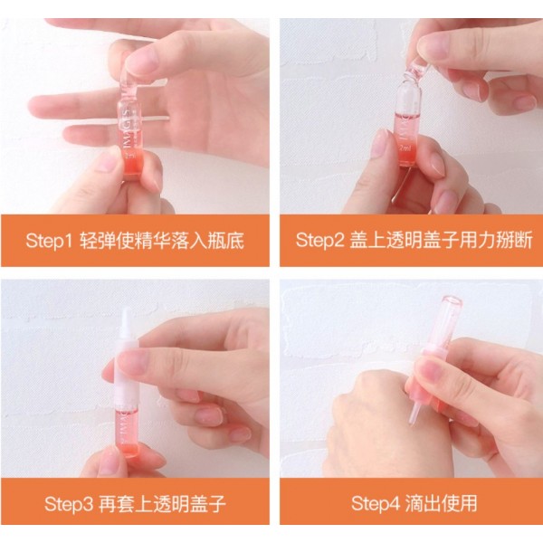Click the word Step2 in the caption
319,241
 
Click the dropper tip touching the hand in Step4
414,418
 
